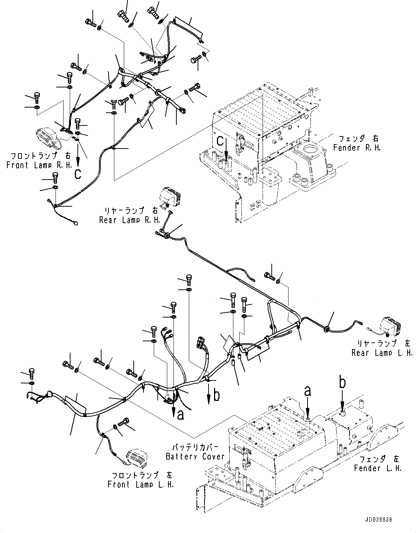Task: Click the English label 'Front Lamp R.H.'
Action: click(40, 165)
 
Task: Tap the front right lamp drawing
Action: click(48, 138)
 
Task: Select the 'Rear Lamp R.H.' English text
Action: click(130, 220)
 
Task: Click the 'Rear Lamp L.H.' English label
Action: click(382, 353)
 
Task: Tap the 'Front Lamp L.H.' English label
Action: click(141, 485)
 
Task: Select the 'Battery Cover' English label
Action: click(195, 457)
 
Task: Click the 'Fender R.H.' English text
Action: click(357, 148)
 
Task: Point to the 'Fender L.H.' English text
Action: click(378, 468)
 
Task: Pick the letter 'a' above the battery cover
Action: click(308, 392)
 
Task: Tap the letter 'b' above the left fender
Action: click(342, 383)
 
